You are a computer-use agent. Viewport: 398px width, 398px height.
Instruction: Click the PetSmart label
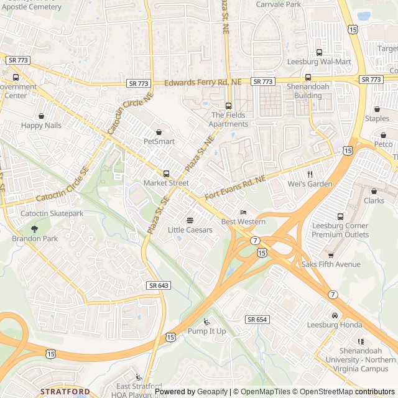[x=159, y=141]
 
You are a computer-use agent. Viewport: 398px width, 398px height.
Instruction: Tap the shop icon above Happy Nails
[x=41, y=116]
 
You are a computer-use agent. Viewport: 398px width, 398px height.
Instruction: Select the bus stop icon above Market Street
[x=166, y=174]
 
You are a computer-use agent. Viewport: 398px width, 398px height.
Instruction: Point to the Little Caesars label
[x=190, y=230]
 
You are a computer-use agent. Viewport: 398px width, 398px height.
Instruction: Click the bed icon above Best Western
[x=243, y=212]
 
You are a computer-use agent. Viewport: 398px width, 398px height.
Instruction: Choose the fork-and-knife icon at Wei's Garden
[x=310, y=174]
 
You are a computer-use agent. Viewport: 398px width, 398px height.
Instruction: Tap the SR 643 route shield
[x=159, y=285]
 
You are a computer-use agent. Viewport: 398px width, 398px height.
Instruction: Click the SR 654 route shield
[x=257, y=319]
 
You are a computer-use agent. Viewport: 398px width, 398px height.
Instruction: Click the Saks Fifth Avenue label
[x=331, y=264]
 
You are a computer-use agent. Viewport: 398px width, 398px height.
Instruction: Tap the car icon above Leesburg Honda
[x=335, y=315]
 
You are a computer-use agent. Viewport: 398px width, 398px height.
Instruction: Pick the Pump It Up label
[x=207, y=331]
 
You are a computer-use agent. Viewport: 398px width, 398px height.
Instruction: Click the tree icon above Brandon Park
[x=34, y=229]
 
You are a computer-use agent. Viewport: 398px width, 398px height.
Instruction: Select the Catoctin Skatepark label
[x=52, y=213]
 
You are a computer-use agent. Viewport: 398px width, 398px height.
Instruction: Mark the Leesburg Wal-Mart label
[x=319, y=62]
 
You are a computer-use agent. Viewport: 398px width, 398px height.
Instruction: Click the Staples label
[x=377, y=118]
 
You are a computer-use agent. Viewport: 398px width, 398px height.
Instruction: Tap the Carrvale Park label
[x=278, y=4]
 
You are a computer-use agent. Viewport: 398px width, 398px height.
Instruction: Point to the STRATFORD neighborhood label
[x=65, y=391]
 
